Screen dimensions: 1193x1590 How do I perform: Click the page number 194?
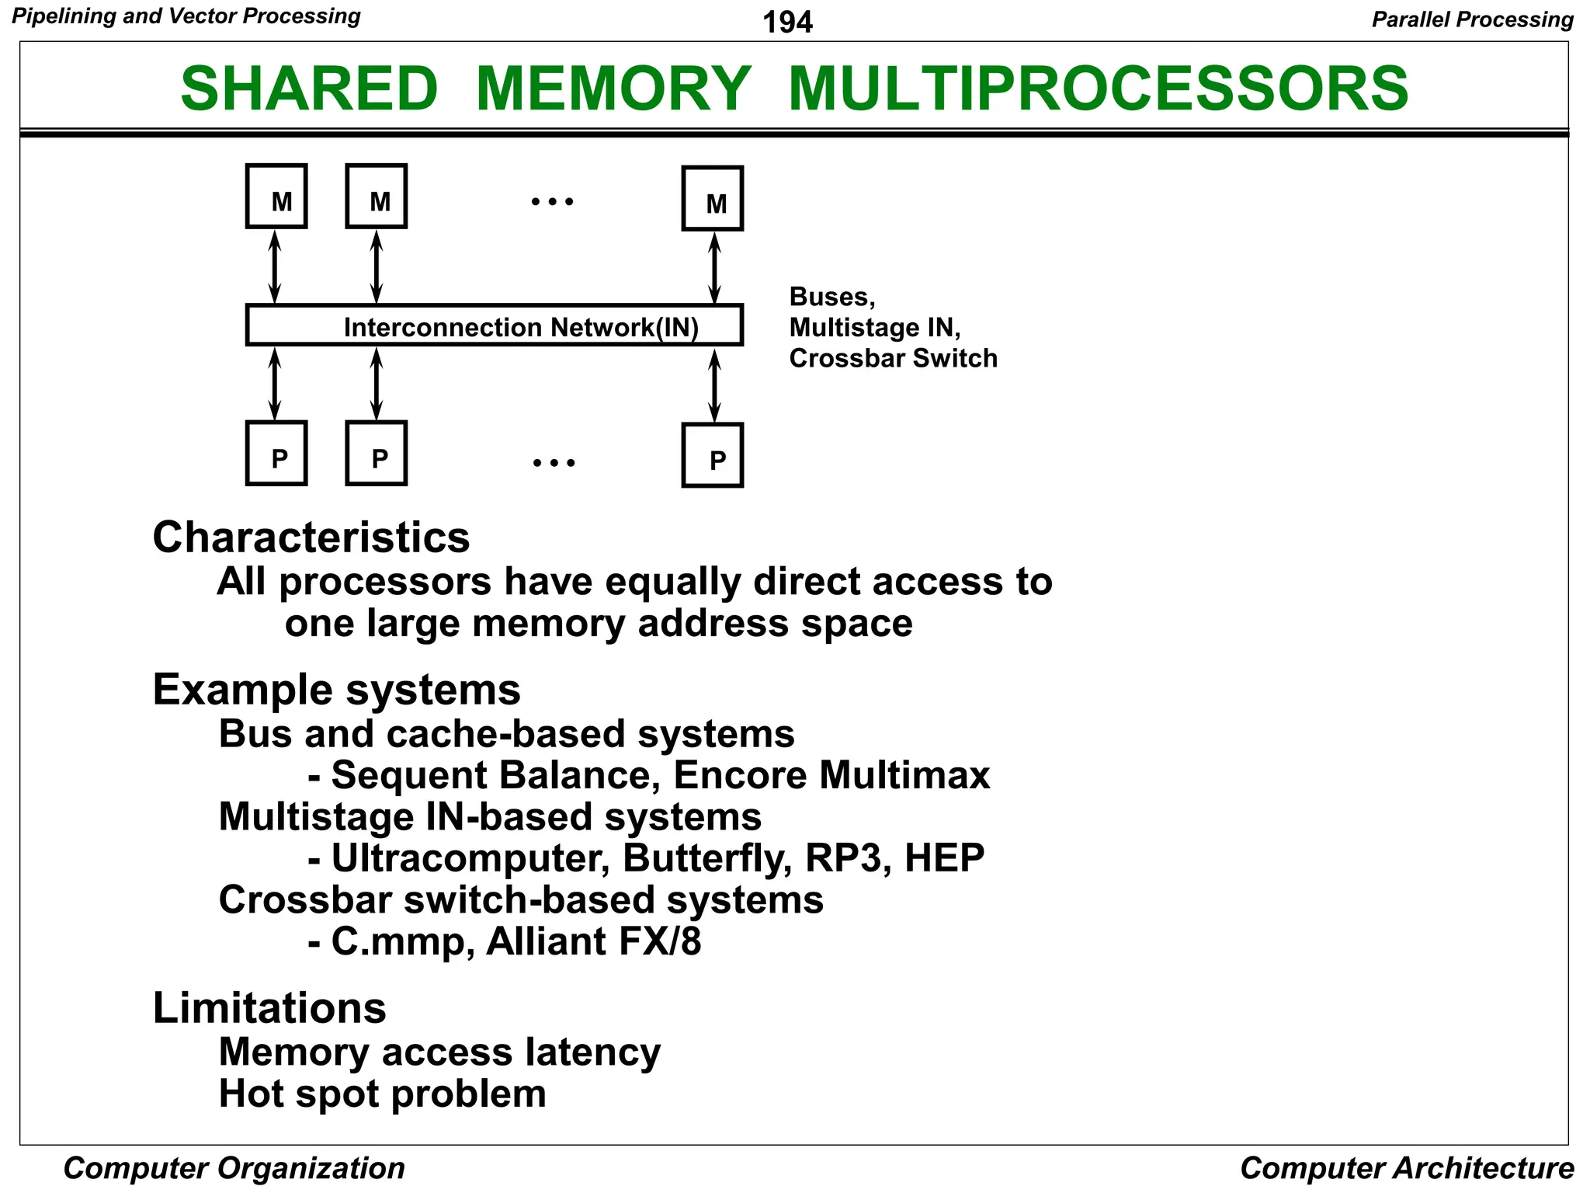click(787, 22)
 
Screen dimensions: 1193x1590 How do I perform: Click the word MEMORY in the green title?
click(613, 89)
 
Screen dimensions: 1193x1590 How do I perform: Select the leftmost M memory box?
click(276, 197)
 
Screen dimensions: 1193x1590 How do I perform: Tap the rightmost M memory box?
click(713, 199)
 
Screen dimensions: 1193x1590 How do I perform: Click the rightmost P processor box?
click(713, 456)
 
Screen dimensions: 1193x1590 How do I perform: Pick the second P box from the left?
click(377, 454)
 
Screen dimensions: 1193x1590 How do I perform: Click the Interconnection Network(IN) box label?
click(521, 327)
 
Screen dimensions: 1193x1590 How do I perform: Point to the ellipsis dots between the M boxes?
click(552, 202)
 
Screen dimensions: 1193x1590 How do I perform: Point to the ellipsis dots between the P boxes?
click(554, 463)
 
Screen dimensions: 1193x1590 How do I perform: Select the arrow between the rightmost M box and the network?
click(715, 269)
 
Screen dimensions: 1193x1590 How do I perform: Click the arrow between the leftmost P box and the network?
click(274, 384)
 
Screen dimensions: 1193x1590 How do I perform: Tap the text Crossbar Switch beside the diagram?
click(893, 358)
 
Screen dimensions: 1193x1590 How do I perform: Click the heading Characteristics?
click(311, 537)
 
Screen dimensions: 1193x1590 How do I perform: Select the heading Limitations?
click(269, 1008)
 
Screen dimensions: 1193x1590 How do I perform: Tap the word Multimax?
click(904, 775)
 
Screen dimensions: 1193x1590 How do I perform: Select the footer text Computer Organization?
click(234, 1168)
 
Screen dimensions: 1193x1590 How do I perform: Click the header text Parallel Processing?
click(1472, 19)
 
